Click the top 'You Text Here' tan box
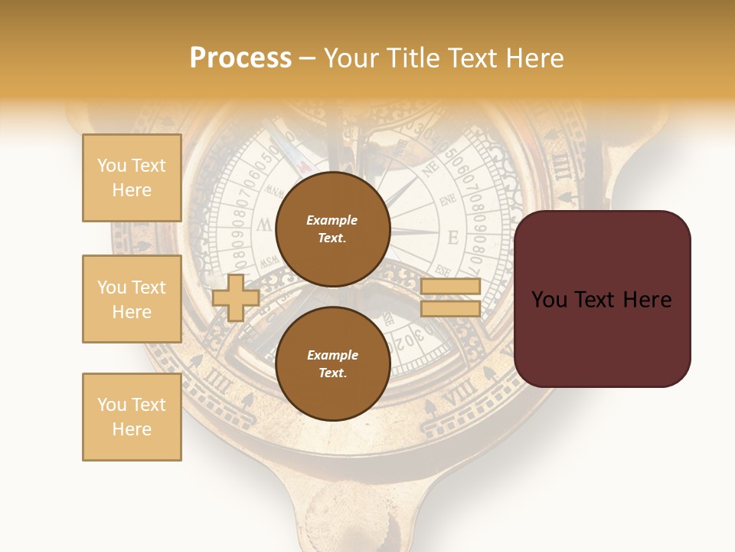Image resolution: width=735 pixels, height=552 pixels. (x=132, y=178)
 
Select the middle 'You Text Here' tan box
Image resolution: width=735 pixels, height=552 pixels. (x=132, y=299)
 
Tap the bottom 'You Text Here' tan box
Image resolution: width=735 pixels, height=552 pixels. (x=132, y=416)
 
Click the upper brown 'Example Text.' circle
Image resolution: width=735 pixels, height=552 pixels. (x=332, y=229)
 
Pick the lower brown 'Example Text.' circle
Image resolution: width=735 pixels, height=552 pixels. (x=332, y=363)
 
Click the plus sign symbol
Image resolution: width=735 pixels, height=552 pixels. (x=236, y=297)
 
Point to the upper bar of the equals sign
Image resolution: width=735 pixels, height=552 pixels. (x=450, y=287)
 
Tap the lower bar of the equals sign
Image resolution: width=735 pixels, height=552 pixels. (x=450, y=308)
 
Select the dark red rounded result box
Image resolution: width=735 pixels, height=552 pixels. (x=602, y=299)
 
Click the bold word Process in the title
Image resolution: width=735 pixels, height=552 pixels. (x=240, y=58)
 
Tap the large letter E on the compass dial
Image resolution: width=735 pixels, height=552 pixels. (x=452, y=238)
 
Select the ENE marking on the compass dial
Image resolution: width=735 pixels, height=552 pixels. (x=448, y=202)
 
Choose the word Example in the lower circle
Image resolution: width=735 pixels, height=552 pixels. (x=332, y=355)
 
